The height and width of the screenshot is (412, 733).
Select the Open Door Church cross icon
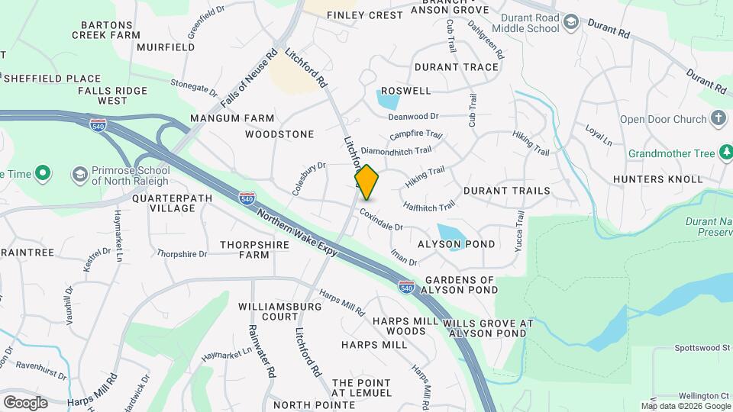pos(718,118)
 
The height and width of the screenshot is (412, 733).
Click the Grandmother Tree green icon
pos(727,153)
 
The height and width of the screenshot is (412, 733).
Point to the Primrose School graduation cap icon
pos(79,175)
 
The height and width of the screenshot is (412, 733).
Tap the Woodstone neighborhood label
pos(279,134)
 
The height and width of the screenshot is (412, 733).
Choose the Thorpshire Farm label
pos(244,249)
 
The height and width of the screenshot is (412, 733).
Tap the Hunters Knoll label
pos(657,179)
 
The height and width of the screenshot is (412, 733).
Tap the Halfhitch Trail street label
pos(429,205)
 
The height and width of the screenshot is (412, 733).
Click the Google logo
pos(25,402)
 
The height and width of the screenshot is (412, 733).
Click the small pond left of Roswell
pos(387,99)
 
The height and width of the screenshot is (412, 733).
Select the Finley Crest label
pos(364,15)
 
